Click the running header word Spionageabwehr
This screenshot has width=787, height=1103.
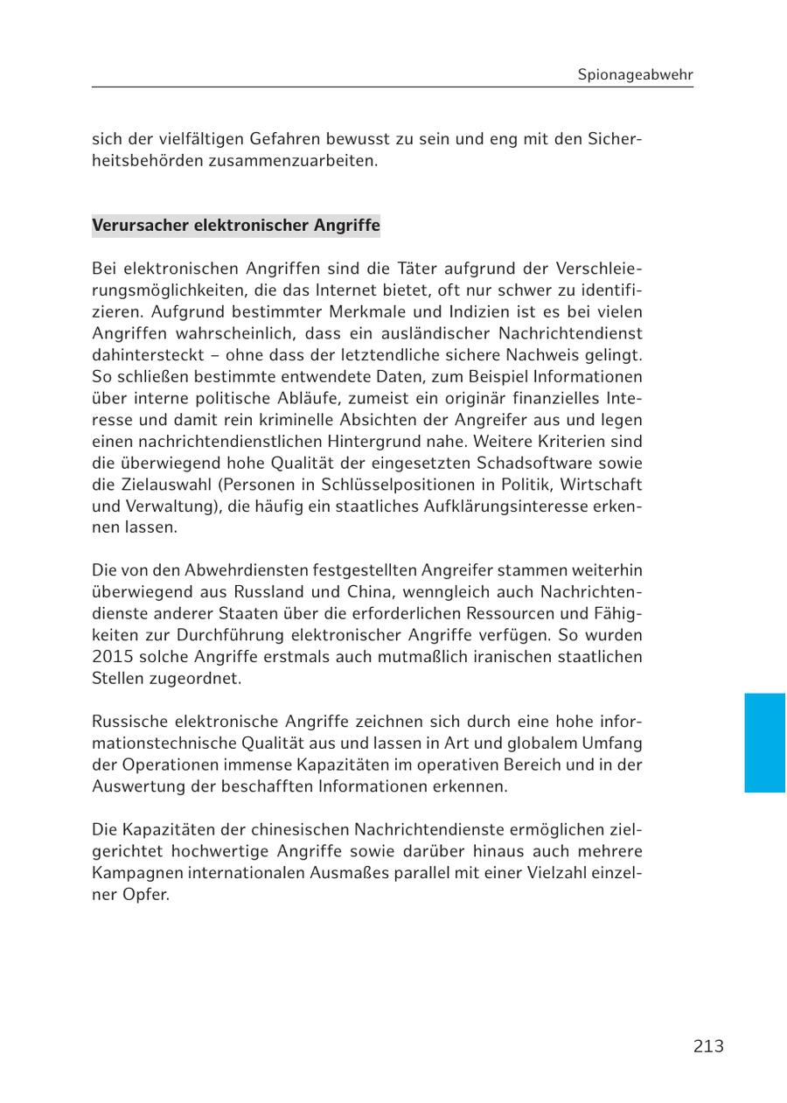click(635, 74)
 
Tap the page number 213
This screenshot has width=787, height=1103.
click(708, 1046)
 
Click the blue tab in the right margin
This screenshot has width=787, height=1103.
click(764, 743)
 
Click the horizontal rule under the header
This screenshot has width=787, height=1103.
click(393, 87)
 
